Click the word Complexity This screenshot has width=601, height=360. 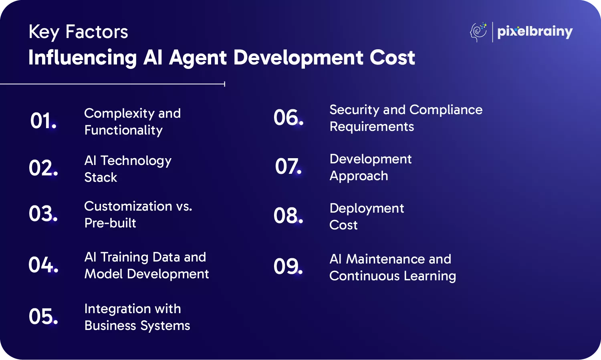click(119, 114)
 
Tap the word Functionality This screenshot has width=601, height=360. click(123, 131)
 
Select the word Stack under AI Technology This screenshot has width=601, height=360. click(101, 177)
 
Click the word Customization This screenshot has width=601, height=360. click(128, 206)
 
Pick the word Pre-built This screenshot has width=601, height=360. click(110, 223)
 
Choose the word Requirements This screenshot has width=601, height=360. click(371, 127)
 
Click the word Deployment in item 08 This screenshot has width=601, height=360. click(367, 209)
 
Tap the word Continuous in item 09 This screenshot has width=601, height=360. click(365, 276)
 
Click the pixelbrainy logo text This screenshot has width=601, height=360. click(535, 32)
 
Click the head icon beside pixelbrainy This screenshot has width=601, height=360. click(478, 32)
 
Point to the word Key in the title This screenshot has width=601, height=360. click(44, 32)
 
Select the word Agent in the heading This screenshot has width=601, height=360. click(198, 58)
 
